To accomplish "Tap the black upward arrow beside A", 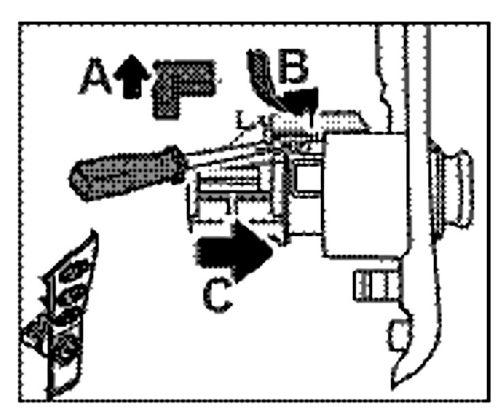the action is [x=129, y=76].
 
